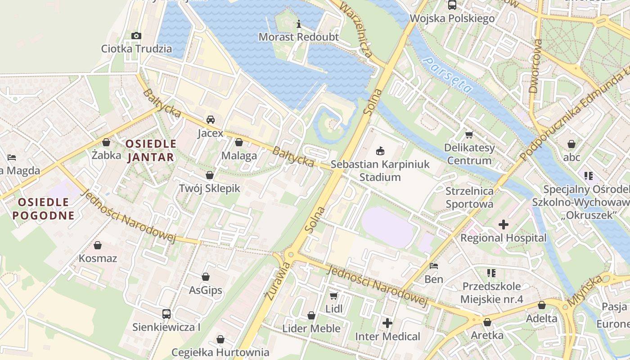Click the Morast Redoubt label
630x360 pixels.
point(298,37)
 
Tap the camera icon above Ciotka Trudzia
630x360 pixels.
point(136,36)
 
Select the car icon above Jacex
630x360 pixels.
point(210,120)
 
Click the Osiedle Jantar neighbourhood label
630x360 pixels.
point(151,150)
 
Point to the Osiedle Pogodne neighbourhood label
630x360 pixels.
point(43,209)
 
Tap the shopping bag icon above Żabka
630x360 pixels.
point(106,142)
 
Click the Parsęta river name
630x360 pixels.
point(448,76)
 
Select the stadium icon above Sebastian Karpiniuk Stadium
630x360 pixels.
point(380,151)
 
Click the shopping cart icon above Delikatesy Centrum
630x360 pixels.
point(469,135)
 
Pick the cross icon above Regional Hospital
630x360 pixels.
point(503,224)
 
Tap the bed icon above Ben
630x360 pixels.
point(434,266)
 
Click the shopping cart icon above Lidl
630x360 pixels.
point(333,296)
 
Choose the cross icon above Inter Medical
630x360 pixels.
point(387,323)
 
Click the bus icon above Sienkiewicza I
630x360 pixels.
point(166,314)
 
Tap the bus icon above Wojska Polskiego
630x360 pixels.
point(452,5)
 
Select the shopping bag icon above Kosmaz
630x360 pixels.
point(98,245)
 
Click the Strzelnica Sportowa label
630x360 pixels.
point(469,198)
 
